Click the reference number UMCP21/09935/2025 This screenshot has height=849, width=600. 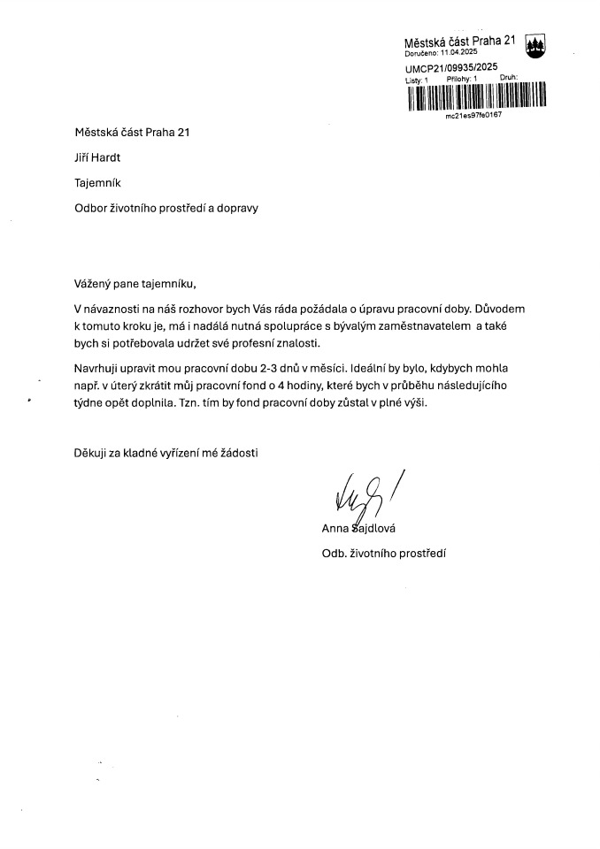(x=451, y=68)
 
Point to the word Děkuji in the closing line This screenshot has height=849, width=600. (x=92, y=454)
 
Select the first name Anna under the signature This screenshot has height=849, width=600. (x=336, y=530)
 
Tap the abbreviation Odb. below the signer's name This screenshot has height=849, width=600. (x=335, y=555)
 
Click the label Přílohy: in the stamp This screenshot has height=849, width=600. (x=461, y=79)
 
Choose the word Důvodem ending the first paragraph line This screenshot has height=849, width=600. (x=501, y=310)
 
